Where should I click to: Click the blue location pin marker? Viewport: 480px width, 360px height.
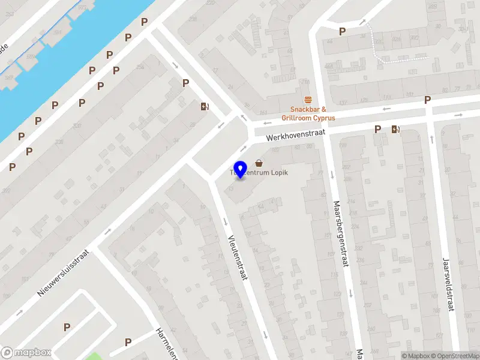241,169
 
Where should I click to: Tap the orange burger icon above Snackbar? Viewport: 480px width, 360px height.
308,100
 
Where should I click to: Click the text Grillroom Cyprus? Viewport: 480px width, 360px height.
308,118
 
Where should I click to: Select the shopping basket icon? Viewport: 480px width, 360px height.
259,163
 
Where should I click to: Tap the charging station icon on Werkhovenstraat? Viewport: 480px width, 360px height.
395,128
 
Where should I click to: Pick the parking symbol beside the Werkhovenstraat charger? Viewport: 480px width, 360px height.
378,129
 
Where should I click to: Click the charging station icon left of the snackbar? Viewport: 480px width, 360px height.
205,107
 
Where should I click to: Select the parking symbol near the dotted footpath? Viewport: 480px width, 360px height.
343,31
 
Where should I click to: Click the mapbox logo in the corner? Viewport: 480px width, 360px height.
26,352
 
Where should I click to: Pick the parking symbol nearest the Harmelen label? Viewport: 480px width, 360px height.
128,342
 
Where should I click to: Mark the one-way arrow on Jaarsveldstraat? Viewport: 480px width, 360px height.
432,139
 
